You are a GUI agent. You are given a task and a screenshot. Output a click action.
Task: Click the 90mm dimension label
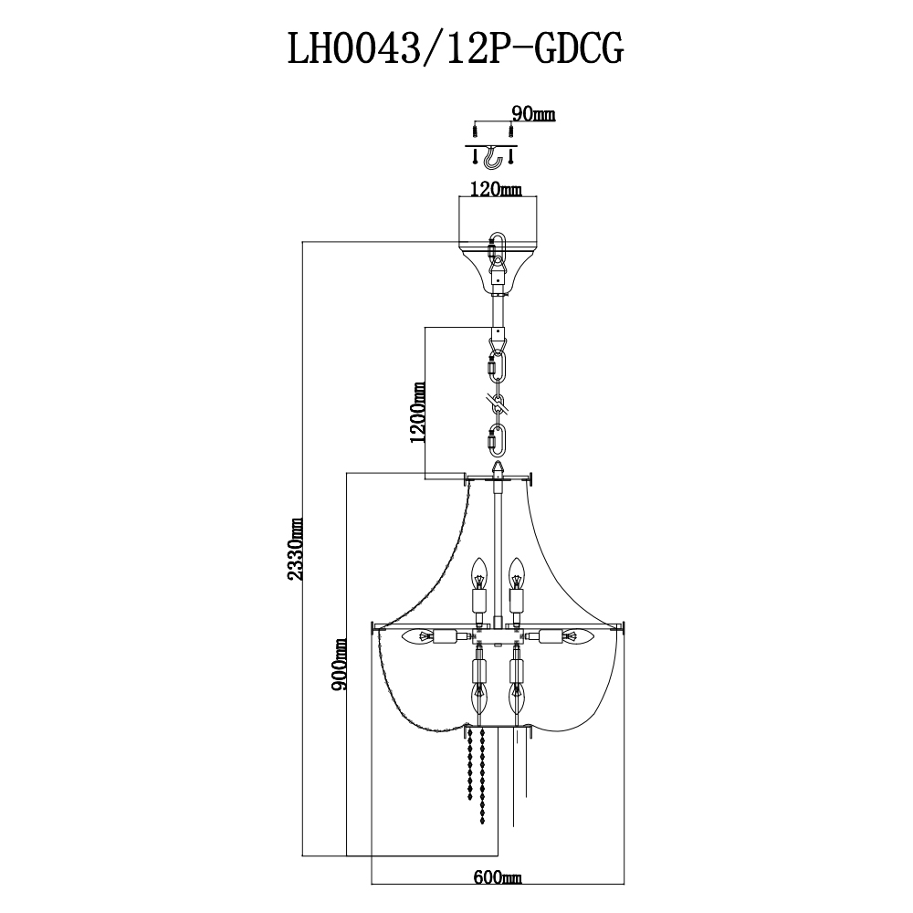click(x=533, y=114)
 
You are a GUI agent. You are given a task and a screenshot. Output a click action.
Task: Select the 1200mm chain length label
click(x=419, y=412)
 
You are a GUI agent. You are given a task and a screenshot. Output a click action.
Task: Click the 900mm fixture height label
click(x=340, y=664)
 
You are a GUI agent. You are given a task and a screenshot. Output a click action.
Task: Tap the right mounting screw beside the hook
click(x=512, y=156)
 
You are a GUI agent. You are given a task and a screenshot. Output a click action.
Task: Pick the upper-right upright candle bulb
click(x=517, y=576)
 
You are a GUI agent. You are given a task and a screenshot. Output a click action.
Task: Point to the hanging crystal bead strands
click(x=475, y=776)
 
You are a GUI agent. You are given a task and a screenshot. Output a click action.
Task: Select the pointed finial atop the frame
click(x=497, y=467)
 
